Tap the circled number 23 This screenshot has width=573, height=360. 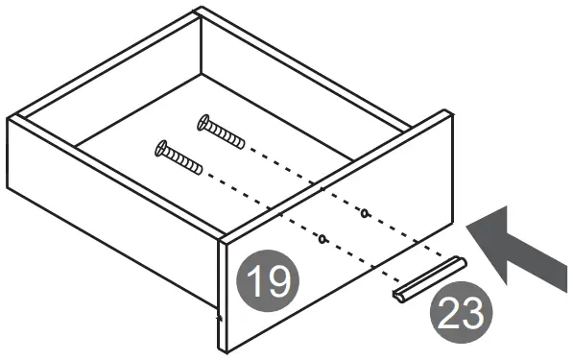[461, 314]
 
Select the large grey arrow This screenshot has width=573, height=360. [518, 248]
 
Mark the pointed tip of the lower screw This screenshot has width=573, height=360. [203, 173]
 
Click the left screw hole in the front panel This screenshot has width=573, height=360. [322, 237]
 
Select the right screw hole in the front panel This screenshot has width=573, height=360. [365, 211]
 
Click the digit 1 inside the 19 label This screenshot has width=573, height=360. [255, 282]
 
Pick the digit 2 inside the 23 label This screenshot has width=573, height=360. [449, 314]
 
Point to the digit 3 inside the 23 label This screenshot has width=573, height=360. [473, 314]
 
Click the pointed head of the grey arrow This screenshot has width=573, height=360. [475, 223]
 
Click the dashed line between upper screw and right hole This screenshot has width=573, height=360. [307, 180]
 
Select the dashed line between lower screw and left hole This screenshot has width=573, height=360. [264, 205]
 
